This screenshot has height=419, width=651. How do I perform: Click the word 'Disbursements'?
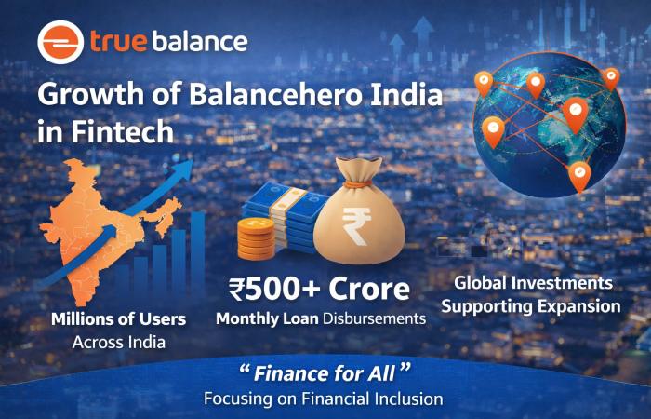[x=374, y=318]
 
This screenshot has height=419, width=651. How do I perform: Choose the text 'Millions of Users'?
[x=119, y=319]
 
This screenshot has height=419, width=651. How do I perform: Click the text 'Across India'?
[x=119, y=342]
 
